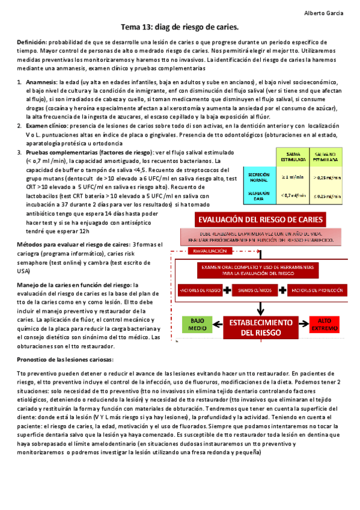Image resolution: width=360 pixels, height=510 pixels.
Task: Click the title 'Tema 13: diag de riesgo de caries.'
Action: coord(180,27)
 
